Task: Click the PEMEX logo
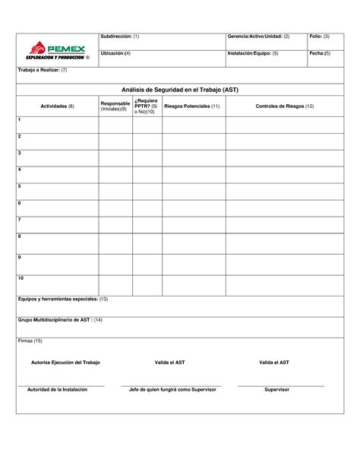coord(57,50)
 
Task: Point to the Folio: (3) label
coord(319,36)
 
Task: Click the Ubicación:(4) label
coord(115,54)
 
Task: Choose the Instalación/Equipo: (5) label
coord(253,54)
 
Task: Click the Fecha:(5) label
coord(320,54)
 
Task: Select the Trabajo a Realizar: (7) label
coord(43,70)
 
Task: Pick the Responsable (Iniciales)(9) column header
coord(115,106)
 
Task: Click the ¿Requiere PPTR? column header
coord(147,106)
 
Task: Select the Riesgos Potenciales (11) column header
coord(192,106)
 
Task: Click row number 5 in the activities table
coord(20,186)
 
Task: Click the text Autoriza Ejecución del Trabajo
coord(66,363)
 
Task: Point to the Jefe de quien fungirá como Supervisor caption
coord(174,389)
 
